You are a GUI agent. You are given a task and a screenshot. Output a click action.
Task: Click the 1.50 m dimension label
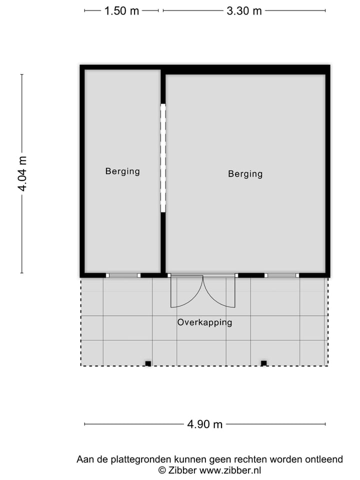pos(121,11)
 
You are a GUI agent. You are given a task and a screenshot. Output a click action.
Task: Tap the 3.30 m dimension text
pos(244,11)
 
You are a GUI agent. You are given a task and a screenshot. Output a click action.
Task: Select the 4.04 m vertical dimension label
pos(22,173)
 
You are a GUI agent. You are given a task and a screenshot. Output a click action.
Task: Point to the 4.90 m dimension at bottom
pos(205,424)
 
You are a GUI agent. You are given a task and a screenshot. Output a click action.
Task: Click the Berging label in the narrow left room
pos(122,171)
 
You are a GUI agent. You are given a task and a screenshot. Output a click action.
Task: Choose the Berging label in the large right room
pos(245,174)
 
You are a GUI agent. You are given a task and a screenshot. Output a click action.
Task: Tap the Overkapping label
pos(204,322)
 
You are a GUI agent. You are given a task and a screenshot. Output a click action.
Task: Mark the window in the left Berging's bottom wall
pos(123,275)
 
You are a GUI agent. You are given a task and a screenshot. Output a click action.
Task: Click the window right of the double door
pos(281,275)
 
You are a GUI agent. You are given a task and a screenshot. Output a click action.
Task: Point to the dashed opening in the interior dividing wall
pos(163,158)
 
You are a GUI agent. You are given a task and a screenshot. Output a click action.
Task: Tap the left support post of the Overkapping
pos(148,363)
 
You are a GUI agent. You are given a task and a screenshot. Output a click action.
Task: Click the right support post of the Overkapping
pos(263,363)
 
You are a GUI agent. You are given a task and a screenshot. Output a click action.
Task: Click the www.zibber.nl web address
pos(230,470)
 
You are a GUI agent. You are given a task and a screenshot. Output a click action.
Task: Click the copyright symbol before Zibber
pos(162,470)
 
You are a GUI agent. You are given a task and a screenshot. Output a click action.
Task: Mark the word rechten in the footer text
pos(250,459)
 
